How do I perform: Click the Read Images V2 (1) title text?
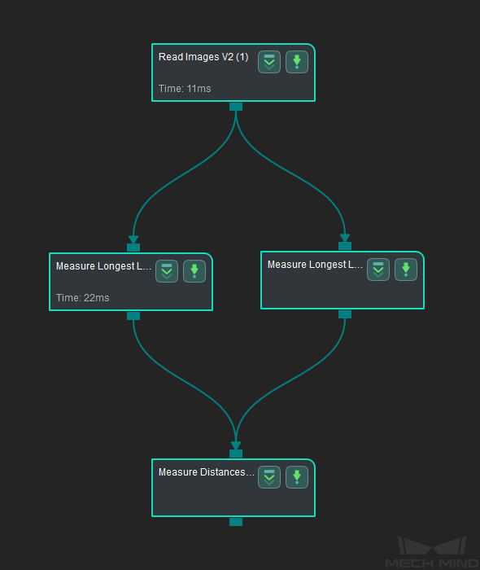point(203,57)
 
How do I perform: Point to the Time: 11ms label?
point(185,88)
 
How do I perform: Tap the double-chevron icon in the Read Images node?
point(269,62)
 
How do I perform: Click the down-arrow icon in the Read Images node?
point(297,62)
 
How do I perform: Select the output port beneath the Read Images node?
point(236,107)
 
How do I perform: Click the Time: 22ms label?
point(82,298)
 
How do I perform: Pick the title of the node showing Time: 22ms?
point(103,266)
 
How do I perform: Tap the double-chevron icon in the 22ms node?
point(167,271)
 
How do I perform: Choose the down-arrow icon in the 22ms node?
point(194,271)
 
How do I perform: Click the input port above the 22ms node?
point(133,248)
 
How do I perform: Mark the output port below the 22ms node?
point(133,316)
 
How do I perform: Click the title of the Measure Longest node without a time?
point(315,265)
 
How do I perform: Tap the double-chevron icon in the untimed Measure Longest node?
point(378,270)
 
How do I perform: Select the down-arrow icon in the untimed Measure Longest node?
point(406,270)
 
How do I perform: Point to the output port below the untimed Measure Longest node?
point(345,314)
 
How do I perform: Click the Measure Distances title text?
point(206,471)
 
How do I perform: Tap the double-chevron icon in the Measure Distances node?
point(269,477)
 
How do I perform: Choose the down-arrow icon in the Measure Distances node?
point(297,477)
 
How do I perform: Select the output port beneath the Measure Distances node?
point(236,522)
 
